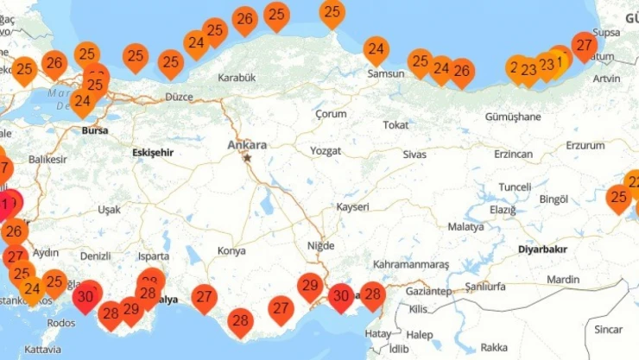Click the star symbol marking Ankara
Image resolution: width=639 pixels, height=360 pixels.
[x=248, y=158]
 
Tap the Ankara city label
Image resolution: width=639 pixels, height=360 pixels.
[x=247, y=145]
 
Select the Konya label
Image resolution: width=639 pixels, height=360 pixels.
[x=231, y=251]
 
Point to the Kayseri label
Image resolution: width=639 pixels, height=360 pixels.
[x=352, y=207]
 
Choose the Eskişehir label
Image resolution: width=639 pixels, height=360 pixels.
[x=153, y=153]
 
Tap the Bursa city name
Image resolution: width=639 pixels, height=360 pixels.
[x=94, y=131]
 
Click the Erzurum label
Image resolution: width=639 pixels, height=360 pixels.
[x=586, y=145]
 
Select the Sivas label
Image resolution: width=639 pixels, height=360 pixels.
[x=414, y=154]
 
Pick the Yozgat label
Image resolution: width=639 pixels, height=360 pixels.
[x=326, y=150]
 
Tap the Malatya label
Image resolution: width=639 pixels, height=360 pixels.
[x=465, y=227]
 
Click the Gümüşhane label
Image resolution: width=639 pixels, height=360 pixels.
[x=512, y=117]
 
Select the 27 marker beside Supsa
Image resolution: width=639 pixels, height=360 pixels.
[x=584, y=45]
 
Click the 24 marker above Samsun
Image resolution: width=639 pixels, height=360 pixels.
[x=376, y=49]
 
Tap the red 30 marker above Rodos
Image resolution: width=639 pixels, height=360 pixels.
[x=85, y=295]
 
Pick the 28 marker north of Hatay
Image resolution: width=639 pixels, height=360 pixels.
[x=372, y=295]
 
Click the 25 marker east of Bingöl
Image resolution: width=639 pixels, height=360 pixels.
[x=618, y=198]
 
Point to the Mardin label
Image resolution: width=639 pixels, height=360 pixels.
[x=563, y=279]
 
